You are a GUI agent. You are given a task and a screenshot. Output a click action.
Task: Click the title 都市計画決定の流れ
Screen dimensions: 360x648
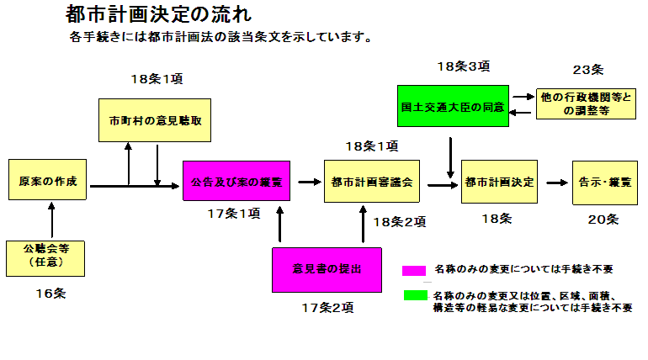click(157, 14)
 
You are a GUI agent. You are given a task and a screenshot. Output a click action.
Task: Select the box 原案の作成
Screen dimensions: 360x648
click(47, 180)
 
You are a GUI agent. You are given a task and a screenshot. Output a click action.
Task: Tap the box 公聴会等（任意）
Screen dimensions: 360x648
click(47, 257)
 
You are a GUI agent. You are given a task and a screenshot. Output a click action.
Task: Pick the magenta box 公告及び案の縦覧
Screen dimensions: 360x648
click(236, 180)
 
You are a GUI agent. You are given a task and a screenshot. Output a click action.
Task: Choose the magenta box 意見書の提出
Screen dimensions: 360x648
click(327, 269)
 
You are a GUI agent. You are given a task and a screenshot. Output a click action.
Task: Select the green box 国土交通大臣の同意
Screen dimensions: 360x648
click(453, 106)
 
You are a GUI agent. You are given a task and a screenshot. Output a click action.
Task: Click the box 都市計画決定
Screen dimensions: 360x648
click(498, 181)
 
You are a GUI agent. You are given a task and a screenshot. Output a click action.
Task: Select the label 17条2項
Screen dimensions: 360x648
click(327, 307)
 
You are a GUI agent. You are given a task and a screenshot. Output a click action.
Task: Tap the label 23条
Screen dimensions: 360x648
click(587, 69)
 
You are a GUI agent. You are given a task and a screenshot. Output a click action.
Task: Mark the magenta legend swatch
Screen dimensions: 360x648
click(414, 270)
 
